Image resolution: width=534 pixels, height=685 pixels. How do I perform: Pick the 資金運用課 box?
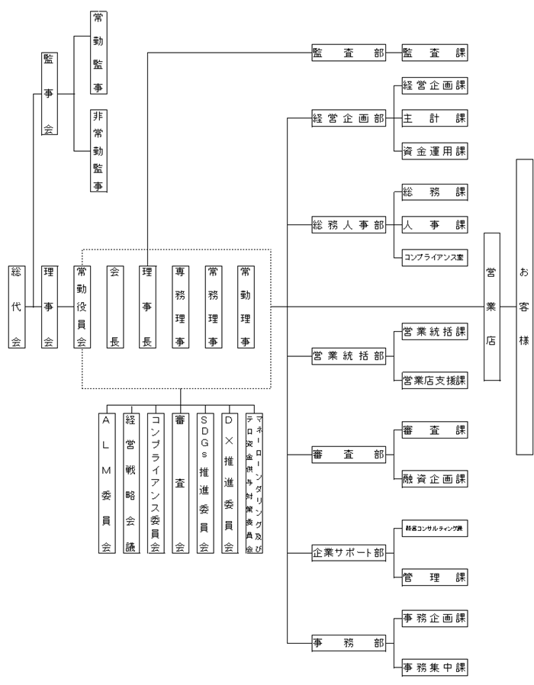[433, 151]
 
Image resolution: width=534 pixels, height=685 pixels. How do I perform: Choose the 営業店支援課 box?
[433, 379]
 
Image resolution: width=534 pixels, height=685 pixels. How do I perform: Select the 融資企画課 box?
[433, 479]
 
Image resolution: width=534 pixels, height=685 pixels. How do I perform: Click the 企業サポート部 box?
[349, 552]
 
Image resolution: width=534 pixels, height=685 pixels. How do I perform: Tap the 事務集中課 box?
[433, 669]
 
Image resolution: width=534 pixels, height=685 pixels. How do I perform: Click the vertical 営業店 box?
[492, 307]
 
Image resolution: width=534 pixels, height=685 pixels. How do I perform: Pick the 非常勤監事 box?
[98, 150]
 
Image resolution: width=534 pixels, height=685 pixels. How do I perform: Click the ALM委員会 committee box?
[106, 481]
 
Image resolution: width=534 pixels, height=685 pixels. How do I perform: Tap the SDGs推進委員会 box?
[204, 481]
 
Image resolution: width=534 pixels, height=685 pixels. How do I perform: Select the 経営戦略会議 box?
[130, 481]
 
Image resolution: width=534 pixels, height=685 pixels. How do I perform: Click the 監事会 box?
[48, 95]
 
